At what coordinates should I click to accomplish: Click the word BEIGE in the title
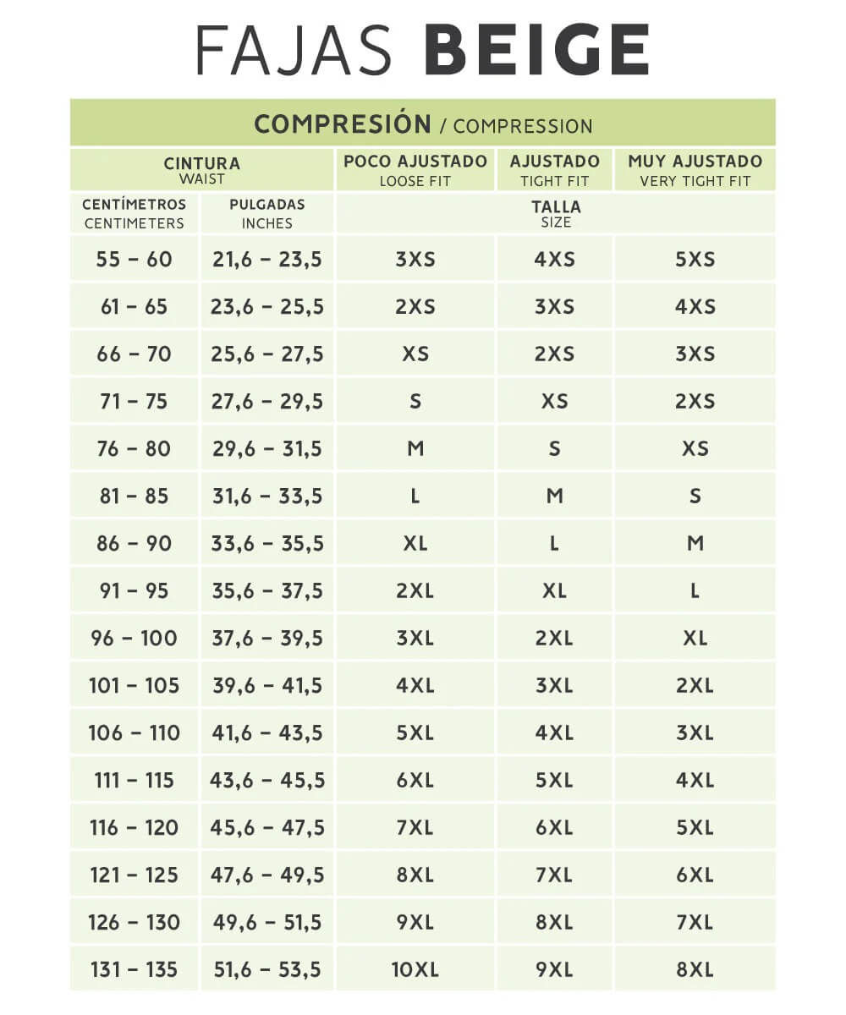[x=536, y=51]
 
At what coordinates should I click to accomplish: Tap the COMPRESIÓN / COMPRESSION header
[x=423, y=124]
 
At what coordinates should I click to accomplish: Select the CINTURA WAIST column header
[x=201, y=170]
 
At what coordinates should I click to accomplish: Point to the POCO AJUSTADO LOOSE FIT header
[x=415, y=170]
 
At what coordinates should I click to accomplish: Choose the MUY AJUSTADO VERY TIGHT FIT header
[x=695, y=170]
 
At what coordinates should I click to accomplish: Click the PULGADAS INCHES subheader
[x=266, y=214]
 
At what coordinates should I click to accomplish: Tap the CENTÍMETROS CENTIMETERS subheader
[x=134, y=214]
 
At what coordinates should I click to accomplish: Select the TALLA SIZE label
[x=556, y=214]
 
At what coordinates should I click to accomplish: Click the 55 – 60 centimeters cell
[x=134, y=260]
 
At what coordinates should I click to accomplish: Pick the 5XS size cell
[x=695, y=260]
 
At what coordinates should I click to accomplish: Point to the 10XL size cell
[x=415, y=970]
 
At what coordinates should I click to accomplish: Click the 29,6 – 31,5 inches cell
[x=266, y=449]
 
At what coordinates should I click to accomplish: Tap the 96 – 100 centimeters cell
[x=134, y=639]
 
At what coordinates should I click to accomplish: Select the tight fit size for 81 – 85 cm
[x=554, y=497]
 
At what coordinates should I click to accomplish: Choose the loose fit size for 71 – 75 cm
[x=415, y=402]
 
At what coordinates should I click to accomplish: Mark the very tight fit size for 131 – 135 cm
[x=695, y=970]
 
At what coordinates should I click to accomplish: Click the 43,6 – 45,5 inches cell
[x=266, y=781]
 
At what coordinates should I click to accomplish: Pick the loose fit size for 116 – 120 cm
[x=415, y=828]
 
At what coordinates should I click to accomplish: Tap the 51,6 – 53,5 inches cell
[x=266, y=970]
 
